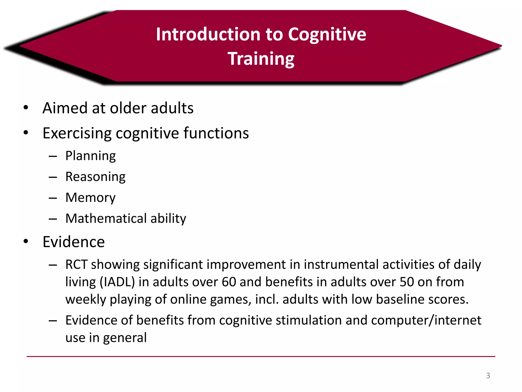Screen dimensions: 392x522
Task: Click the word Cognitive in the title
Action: point(327,34)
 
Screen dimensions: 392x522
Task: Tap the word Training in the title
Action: point(261,59)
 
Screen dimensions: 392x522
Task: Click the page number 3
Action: point(488,376)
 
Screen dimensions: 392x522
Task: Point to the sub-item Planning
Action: point(90,156)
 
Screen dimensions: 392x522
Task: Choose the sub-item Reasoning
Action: point(95,177)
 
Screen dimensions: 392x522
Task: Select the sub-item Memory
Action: point(90,198)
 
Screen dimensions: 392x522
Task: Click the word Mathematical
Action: point(106,218)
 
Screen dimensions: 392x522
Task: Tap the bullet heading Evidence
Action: point(74,242)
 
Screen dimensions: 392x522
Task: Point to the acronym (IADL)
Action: point(117,282)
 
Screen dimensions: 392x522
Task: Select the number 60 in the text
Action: point(229,282)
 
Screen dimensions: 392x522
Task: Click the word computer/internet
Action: point(426,320)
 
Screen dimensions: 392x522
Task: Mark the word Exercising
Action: point(77,133)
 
